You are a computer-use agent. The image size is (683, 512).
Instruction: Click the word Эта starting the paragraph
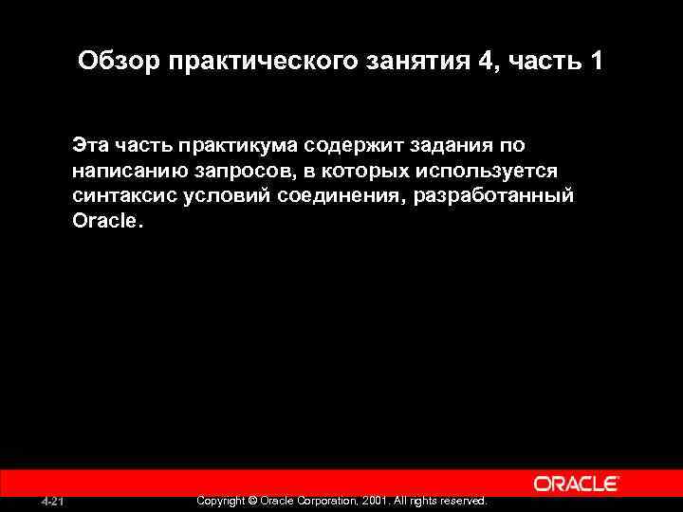click(x=90, y=145)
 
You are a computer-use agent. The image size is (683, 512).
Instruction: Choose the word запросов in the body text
click(x=233, y=171)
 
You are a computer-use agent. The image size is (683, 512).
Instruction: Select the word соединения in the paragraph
click(x=338, y=195)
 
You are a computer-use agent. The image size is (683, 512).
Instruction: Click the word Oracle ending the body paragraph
click(x=103, y=220)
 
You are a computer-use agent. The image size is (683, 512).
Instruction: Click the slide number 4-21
click(x=53, y=501)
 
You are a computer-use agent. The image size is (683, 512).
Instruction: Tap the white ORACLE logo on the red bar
click(x=577, y=484)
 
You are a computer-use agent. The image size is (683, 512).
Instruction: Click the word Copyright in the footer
click(x=219, y=500)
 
